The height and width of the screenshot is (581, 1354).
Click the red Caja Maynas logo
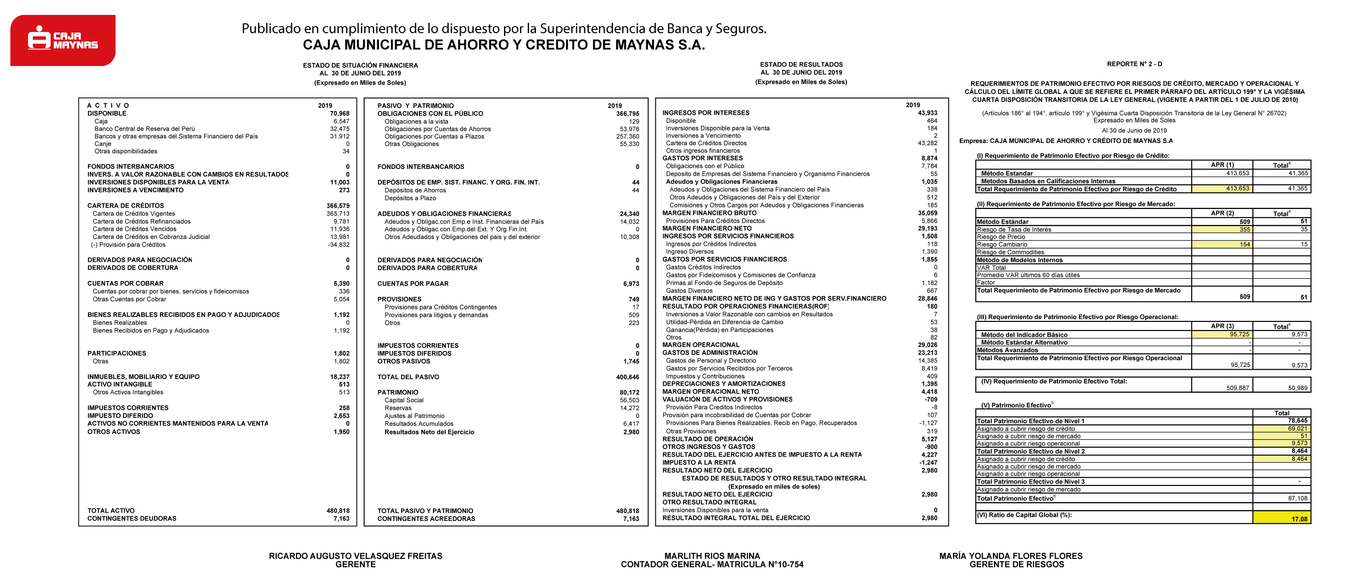click(x=63, y=40)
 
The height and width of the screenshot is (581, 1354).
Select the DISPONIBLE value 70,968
click(x=340, y=113)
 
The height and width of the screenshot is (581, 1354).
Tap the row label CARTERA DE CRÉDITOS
click(x=126, y=206)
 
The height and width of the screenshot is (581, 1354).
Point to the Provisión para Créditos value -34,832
click(x=339, y=245)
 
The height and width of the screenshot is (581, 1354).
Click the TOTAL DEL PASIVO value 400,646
click(x=628, y=377)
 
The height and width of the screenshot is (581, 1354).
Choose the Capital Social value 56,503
click(x=629, y=400)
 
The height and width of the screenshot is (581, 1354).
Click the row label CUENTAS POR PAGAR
click(x=412, y=284)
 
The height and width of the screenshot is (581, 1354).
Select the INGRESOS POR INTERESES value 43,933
click(x=927, y=113)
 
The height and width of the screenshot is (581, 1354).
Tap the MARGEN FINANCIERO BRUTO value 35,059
click(x=927, y=213)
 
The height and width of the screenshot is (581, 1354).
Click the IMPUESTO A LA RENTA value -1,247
click(x=928, y=463)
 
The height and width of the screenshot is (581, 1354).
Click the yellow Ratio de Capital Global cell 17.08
click(x=1299, y=519)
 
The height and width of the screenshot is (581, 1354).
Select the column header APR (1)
click(x=1222, y=165)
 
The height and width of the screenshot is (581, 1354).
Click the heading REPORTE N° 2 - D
click(x=1134, y=64)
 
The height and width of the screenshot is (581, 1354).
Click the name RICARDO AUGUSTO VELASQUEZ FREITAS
click(x=355, y=556)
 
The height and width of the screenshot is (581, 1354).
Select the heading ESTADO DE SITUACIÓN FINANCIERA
click(x=360, y=66)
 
